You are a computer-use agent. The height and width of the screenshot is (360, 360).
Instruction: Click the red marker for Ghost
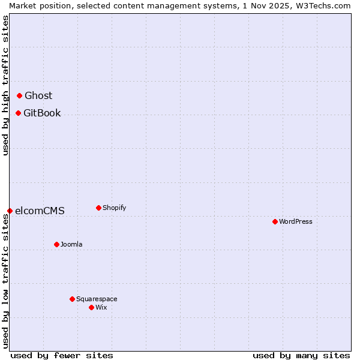coord(19,95)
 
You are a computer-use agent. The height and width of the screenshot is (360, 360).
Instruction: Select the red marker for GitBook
coord(18,113)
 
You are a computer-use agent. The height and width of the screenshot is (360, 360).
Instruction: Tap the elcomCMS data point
coord(10,211)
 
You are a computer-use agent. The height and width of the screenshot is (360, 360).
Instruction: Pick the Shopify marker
coord(98,208)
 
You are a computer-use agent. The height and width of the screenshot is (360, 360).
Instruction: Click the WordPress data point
coord(275,221)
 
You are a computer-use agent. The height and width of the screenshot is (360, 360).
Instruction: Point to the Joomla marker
coord(56,244)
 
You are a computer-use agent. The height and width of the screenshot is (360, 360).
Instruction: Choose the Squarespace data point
coord(72,299)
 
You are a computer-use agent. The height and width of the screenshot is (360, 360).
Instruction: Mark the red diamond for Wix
coord(91,307)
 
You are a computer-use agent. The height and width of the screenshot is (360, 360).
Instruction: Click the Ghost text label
coord(38,95)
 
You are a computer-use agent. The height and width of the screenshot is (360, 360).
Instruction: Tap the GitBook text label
coord(42,113)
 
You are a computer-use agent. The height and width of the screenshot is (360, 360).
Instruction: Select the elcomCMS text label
coord(40,211)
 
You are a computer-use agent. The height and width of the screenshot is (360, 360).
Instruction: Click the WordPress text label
coord(296,221)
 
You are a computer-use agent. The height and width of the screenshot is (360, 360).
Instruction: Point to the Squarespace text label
coord(97,299)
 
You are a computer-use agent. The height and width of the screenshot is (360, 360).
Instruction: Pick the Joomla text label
coord(71,244)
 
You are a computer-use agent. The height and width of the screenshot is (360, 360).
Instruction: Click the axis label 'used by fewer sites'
coord(62,355)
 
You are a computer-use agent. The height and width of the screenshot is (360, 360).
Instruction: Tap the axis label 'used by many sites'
coord(301,355)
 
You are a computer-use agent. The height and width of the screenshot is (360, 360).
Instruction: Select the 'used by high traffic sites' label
coord(5,85)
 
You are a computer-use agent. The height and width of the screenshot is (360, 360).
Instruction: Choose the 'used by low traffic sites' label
coord(5,282)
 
